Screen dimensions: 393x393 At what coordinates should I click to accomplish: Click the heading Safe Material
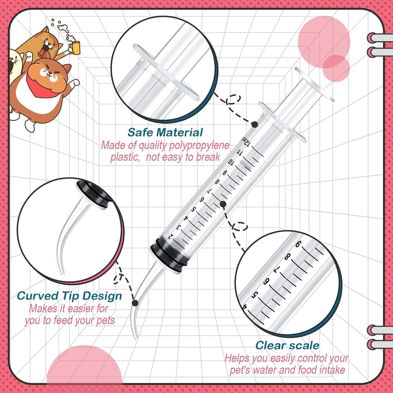click(x=165, y=132)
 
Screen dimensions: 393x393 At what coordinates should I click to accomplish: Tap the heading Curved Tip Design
click(x=69, y=296)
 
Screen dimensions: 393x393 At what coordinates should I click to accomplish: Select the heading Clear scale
click(x=287, y=345)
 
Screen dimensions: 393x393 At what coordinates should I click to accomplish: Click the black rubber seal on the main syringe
click(x=170, y=254)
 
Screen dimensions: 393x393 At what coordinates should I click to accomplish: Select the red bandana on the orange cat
click(x=38, y=84)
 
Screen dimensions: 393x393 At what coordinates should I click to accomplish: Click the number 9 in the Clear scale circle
click(x=298, y=245)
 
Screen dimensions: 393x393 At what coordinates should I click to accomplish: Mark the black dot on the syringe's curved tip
click(x=135, y=303)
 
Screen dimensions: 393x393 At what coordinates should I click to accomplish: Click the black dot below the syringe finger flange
click(x=255, y=125)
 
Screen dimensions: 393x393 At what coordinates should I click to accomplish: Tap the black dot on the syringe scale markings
click(x=223, y=204)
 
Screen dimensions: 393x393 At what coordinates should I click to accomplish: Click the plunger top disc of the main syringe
click(x=314, y=84)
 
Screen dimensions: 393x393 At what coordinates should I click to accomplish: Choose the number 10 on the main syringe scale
click(x=231, y=162)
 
